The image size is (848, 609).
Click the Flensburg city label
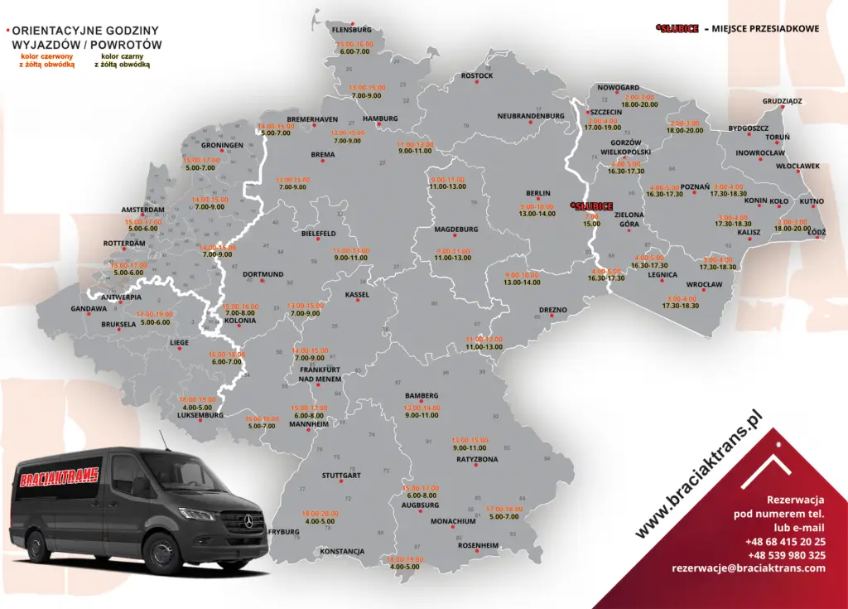click(352, 30)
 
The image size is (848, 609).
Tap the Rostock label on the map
click(477, 76)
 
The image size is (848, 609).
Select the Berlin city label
click(538, 194)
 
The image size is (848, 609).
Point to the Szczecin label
click(606, 112)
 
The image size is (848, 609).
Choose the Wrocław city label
click(705, 285)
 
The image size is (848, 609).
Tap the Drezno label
click(553, 310)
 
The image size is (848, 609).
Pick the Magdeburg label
click(456, 230)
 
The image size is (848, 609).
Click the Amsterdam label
click(143, 210)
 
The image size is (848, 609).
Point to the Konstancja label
click(342, 551)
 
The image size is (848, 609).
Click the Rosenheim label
click(479, 545)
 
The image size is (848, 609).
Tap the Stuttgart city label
click(341, 476)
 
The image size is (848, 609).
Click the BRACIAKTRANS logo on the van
click(56, 476)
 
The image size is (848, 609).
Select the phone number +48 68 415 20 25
click(785, 541)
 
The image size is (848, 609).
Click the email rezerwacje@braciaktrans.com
click(749, 568)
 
